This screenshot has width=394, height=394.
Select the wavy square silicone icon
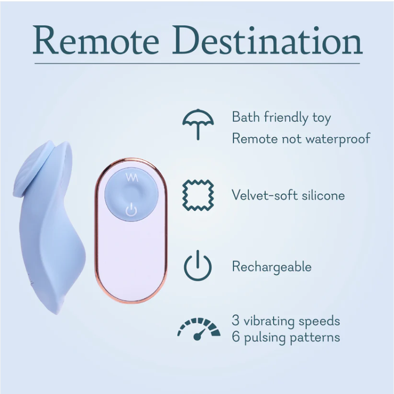click(x=198, y=195)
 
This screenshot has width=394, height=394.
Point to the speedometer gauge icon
click(x=199, y=328)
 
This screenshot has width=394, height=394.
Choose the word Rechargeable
click(x=271, y=267)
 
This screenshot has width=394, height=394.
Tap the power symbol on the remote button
click(x=131, y=209)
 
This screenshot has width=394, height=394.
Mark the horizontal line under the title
click(x=197, y=64)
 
